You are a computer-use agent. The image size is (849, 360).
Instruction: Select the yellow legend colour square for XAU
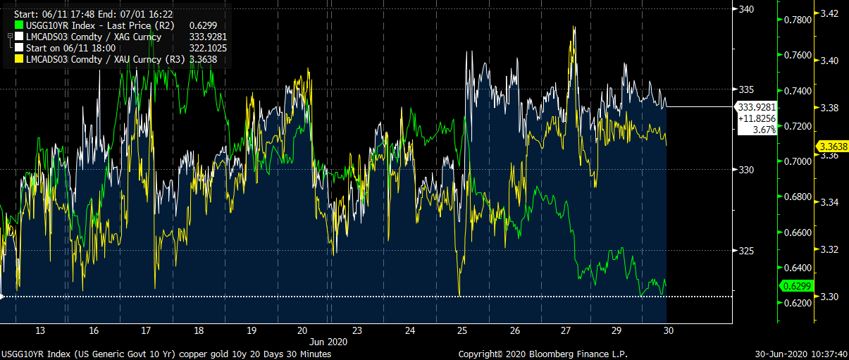pyautogui.click(x=19, y=60)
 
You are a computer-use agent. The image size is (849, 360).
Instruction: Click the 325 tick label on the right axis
pyautogui.click(x=747, y=251)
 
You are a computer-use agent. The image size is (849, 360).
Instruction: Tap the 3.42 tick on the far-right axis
pyautogui.click(x=829, y=13)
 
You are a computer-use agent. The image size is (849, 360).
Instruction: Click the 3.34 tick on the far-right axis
pyautogui.click(x=829, y=203)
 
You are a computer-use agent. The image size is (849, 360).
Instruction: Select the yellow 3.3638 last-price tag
pyautogui.click(x=832, y=147)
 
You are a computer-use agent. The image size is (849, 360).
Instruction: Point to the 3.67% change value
pyautogui.click(x=754, y=130)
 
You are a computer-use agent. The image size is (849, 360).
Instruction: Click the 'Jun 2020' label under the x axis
pyautogui.click(x=330, y=341)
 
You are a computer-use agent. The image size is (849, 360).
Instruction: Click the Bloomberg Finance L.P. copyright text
pyautogui.click(x=543, y=354)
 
